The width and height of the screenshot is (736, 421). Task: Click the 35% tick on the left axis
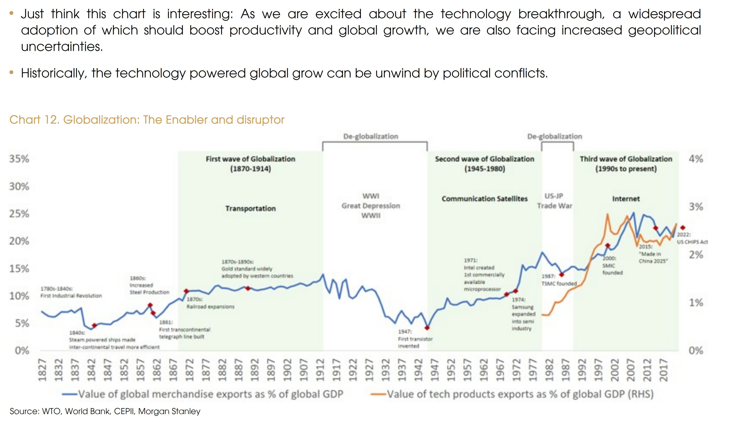(19, 159)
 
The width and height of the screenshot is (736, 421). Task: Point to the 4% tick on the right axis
(696, 159)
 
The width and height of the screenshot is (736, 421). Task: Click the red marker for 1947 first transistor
(427, 328)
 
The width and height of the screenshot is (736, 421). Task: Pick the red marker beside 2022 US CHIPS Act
(683, 228)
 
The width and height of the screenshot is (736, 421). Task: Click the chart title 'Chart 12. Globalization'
(147, 120)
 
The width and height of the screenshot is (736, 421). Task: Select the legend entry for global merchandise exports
(203, 394)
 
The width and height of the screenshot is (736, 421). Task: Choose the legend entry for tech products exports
(512, 394)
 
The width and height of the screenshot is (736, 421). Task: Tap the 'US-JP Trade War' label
(554, 201)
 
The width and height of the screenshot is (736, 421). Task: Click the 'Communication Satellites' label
(484, 199)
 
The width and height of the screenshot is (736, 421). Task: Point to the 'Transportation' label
(250, 208)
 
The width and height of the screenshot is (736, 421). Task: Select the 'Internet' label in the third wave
(626, 199)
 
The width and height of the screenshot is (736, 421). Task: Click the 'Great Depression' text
(371, 206)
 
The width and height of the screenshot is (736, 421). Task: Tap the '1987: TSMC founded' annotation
(559, 280)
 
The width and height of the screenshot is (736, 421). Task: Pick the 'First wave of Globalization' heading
(250, 159)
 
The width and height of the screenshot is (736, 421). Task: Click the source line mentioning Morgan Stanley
(105, 411)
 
